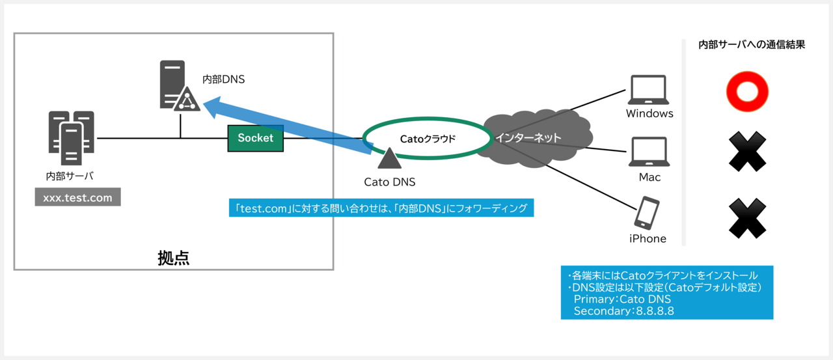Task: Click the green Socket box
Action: point(256,139)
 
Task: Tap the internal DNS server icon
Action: point(180,86)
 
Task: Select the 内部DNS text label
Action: point(223,79)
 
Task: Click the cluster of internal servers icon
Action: point(72,137)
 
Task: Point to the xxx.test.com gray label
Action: point(77,197)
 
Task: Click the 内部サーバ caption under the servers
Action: point(70,176)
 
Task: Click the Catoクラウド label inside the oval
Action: point(428,139)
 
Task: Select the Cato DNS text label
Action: point(389,182)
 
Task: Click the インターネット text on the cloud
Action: point(528,138)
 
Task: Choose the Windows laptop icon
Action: point(649,90)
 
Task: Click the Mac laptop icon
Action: point(649,152)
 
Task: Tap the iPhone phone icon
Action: point(647,213)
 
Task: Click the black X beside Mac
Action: point(748,152)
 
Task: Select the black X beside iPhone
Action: point(748,218)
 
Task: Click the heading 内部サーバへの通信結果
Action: point(752,45)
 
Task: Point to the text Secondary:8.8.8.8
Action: point(623,311)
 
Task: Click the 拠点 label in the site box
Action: point(174,258)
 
